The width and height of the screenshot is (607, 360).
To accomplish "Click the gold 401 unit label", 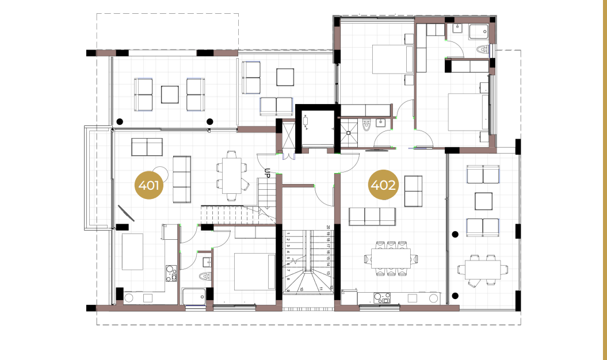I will pos(149,186).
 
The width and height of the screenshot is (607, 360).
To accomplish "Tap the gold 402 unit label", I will pos(383,185).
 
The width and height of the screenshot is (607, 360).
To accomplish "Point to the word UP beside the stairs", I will pos(268,172).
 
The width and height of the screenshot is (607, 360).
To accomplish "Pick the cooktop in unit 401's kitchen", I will pos(171,273).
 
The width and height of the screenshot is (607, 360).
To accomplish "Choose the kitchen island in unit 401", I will pos(132,251).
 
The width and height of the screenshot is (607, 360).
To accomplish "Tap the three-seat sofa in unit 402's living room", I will pos(372,217).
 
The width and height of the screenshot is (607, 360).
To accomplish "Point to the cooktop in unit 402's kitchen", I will pos(383,298).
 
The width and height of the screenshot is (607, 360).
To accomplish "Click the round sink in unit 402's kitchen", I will pos(433,298).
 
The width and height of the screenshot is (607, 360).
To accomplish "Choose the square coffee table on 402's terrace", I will pos(483,201).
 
